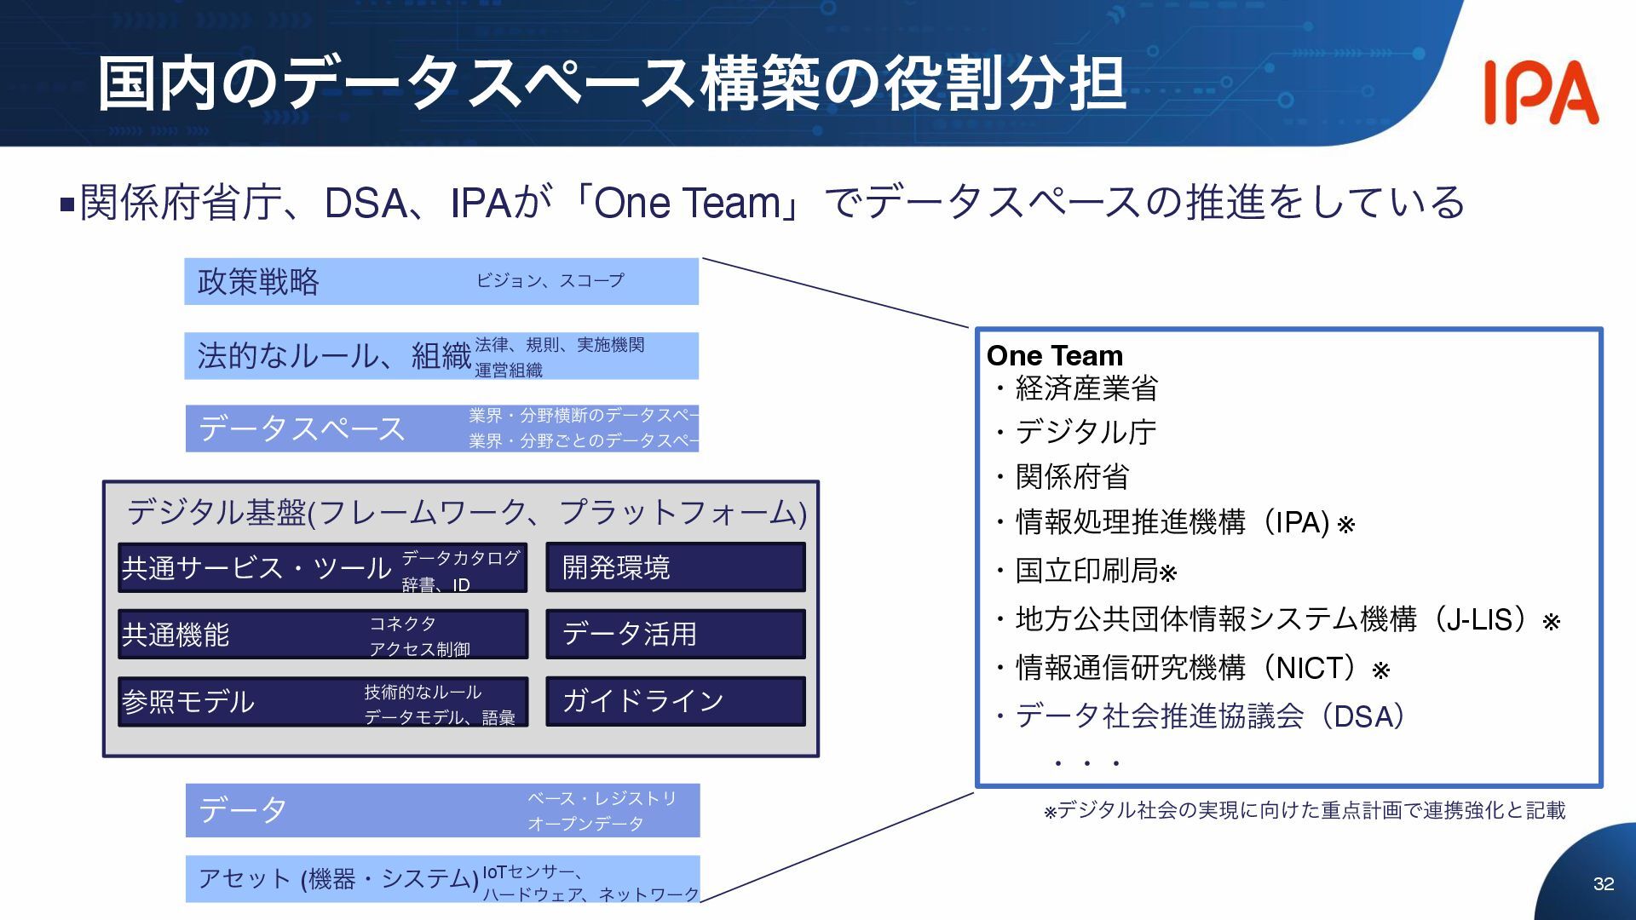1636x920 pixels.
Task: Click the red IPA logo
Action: tap(1541, 93)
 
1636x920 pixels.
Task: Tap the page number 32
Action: tap(1604, 884)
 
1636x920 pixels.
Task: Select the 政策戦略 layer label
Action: tap(258, 282)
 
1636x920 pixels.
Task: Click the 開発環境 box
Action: tap(675, 567)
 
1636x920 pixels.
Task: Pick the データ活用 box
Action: tap(675, 634)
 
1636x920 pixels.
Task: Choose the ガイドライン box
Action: tap(675, 701)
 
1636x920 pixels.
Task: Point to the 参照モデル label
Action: tap(188, 702)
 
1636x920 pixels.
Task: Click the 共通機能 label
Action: tap(176, 635)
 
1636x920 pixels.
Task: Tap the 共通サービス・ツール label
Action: tap(256, 568)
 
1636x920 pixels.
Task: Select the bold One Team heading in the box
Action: tap(1055, 355)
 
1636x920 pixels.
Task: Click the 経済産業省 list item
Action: tap(1086, 388)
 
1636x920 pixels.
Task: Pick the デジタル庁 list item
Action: tap(1086, 433)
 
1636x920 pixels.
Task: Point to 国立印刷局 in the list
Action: tap(1086, 571)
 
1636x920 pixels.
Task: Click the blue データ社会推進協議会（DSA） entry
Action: tap(1210, 716)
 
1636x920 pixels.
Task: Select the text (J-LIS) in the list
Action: tap(1481, 619)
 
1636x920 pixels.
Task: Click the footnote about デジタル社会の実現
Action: tap(1305, 810)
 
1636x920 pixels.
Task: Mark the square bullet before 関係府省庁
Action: tap(68, 204)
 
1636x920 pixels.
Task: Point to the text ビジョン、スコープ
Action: tap(550, 280)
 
